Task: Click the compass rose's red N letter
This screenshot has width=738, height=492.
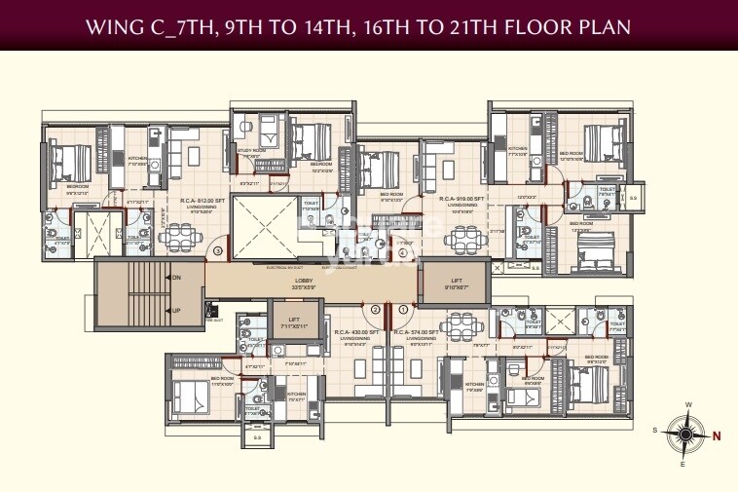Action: [x=717, y=436]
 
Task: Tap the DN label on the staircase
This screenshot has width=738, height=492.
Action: [x=176, y=278]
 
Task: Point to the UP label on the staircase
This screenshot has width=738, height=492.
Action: [x=176, y=311]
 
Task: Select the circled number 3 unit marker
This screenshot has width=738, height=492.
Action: [x=218, y=251]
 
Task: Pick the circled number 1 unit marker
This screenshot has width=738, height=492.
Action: [x=404, y=310]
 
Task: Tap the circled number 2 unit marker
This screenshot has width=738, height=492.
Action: [x=374, y=310]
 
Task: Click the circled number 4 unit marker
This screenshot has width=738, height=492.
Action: [x=403, y=254]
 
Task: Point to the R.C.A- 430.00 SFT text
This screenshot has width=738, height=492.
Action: [x=351, y=330]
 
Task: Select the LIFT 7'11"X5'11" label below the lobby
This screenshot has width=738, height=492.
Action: [x=293, y=322]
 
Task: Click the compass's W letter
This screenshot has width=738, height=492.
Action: [x=688, y=405]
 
